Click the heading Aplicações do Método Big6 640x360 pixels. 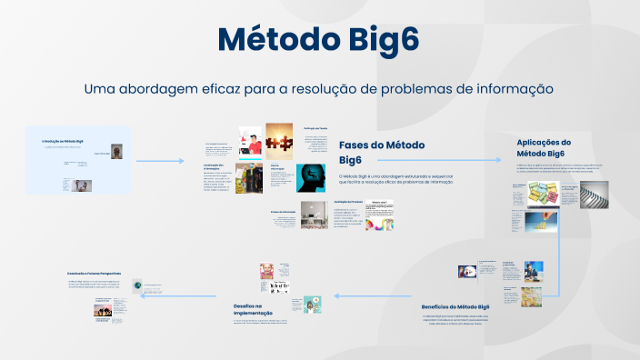544,147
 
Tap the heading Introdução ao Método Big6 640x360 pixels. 63,142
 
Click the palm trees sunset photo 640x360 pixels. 102,311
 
